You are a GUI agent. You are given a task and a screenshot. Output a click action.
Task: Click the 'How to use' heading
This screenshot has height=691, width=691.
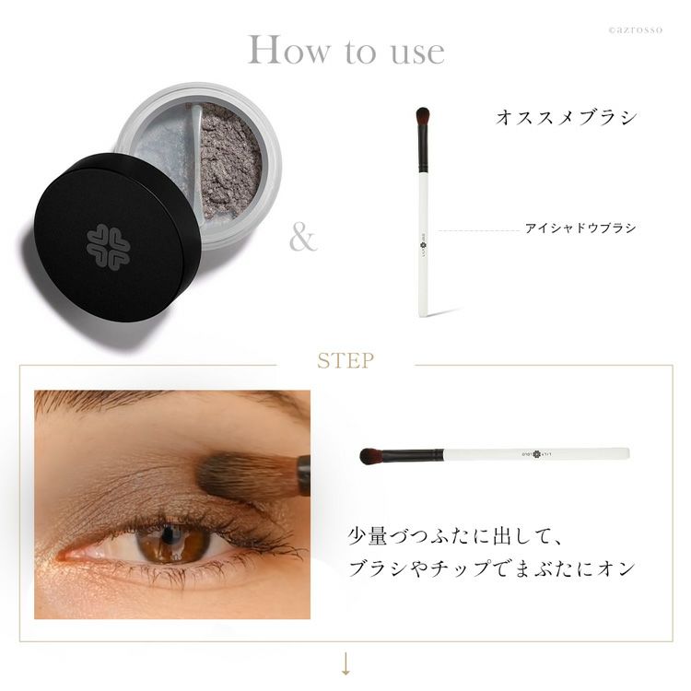[345, 50]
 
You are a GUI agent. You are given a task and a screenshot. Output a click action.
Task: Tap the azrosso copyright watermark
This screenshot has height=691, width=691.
[635, 30]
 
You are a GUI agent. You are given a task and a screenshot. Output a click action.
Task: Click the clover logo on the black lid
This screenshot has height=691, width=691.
[108, 246]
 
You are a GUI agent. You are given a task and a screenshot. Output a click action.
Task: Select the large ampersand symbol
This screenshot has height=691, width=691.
[303, 239]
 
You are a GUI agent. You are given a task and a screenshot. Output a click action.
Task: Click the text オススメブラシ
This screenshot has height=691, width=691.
[567, 118]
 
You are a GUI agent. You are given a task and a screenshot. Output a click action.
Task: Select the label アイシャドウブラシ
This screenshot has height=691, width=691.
[580, 228]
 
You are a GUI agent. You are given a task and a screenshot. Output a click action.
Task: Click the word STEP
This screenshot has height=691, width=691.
[345, 361]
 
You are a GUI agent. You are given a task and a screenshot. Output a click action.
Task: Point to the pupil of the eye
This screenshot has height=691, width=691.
[168, 534]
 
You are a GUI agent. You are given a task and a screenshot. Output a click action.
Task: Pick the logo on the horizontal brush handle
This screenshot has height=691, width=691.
[536, 454]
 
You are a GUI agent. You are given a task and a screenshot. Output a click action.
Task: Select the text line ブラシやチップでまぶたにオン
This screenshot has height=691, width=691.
[491, 568]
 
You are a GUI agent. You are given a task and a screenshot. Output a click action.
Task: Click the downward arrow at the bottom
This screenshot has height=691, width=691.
[345, 663]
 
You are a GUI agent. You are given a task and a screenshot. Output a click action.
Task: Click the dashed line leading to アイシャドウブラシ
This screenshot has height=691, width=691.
[479, 230]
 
